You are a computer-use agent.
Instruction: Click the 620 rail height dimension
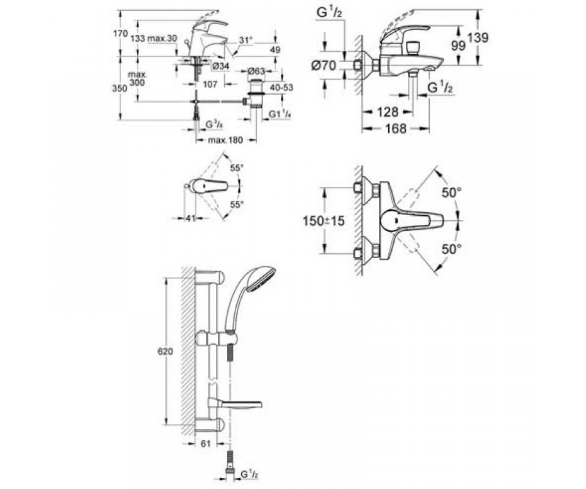[165, 351]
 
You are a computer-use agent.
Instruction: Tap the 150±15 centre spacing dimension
[323, 221]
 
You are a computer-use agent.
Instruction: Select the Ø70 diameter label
[323, 66]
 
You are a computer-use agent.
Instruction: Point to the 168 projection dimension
[396, 129]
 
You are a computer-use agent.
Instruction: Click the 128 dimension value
[388, 112]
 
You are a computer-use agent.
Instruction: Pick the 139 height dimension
[478, 38]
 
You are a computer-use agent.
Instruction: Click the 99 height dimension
[458, 46]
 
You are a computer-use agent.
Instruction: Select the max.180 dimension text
[225, 140]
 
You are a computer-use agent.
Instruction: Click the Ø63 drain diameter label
[256, 71]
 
